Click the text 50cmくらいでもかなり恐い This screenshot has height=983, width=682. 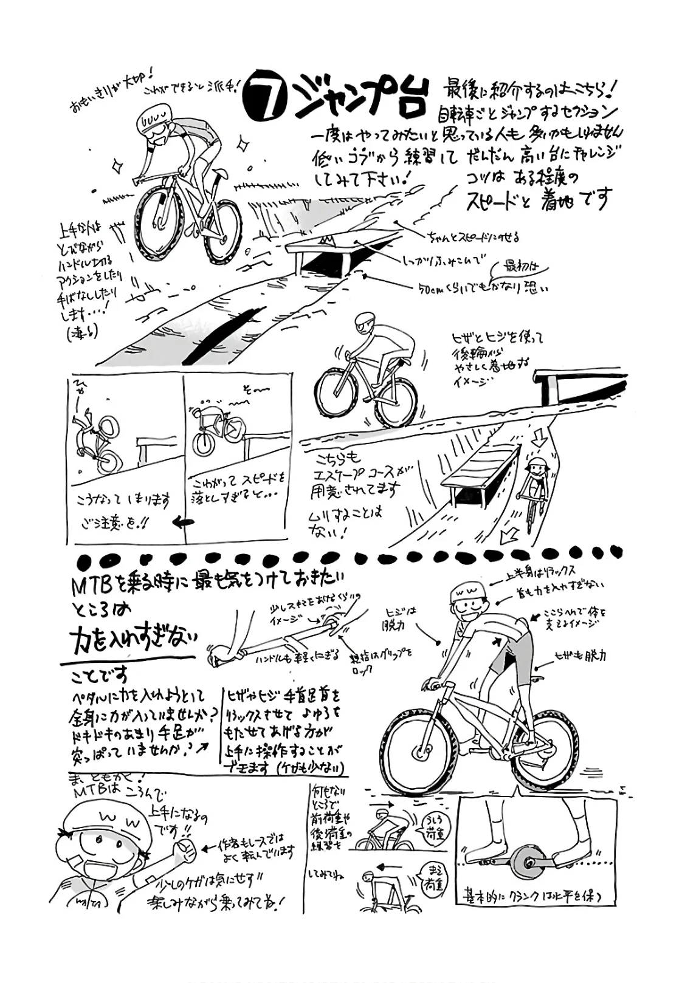[483, 289]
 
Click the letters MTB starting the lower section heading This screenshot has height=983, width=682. [89, 584]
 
